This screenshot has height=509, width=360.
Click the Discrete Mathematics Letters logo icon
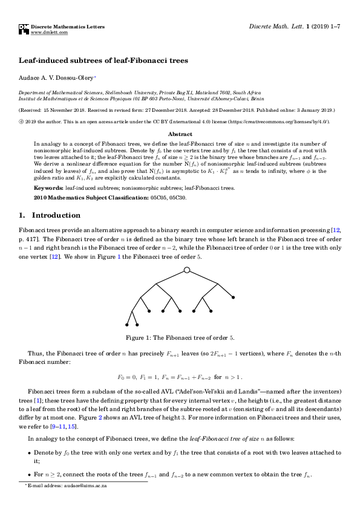24,29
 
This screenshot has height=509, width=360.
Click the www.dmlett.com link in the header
50,33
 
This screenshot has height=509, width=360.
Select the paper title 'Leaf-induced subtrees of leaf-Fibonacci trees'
104,60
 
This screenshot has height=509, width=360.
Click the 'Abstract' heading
180,134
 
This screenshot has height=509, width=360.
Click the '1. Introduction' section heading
49,215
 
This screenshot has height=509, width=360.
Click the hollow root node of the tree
187,270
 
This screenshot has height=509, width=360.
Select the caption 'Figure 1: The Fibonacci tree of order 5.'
180,337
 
